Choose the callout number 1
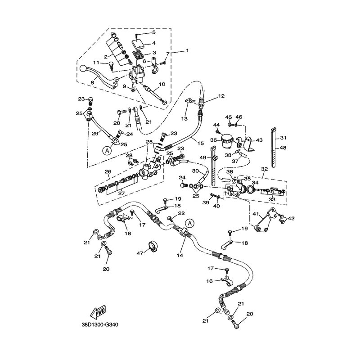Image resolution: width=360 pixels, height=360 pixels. pyautogui.click(x=187, y=51)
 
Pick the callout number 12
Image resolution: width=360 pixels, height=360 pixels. pyautogui.click(x=221, y=96)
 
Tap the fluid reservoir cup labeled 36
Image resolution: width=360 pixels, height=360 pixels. pyautogui.click(x=226, y=140)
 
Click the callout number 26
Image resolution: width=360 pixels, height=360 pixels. pyautogui.click(x=108, y=171)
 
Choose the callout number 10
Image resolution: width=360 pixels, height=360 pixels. pyautogui.click(x=162, y=84)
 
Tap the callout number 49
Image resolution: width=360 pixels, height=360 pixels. pyautogui.click(x=202, y=157)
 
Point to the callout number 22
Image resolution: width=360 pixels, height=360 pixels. pyautogui.click(x=181, y=213)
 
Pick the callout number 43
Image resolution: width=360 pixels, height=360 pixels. pyautogui.click(x=259, y=140)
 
